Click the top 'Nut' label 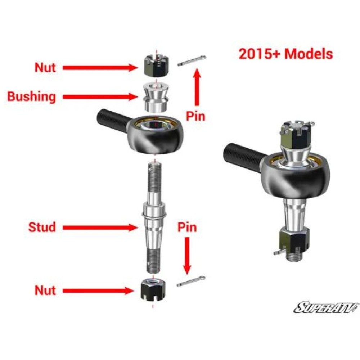[45, 68]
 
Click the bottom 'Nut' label [45, 291]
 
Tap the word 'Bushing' [32, 96]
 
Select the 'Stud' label [42, 227]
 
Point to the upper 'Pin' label [195, 116]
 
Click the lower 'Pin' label [187, 227]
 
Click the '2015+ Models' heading [286, 54]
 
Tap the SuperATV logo [326, 307]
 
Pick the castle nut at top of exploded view [157, 66]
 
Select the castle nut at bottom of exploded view [153, 289]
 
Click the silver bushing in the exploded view [156, 97]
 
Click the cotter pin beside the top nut [192, 60]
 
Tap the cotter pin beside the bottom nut [191, 281]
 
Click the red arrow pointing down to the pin [187, 256]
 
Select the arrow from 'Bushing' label [100, 96]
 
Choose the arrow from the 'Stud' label [100, 228]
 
